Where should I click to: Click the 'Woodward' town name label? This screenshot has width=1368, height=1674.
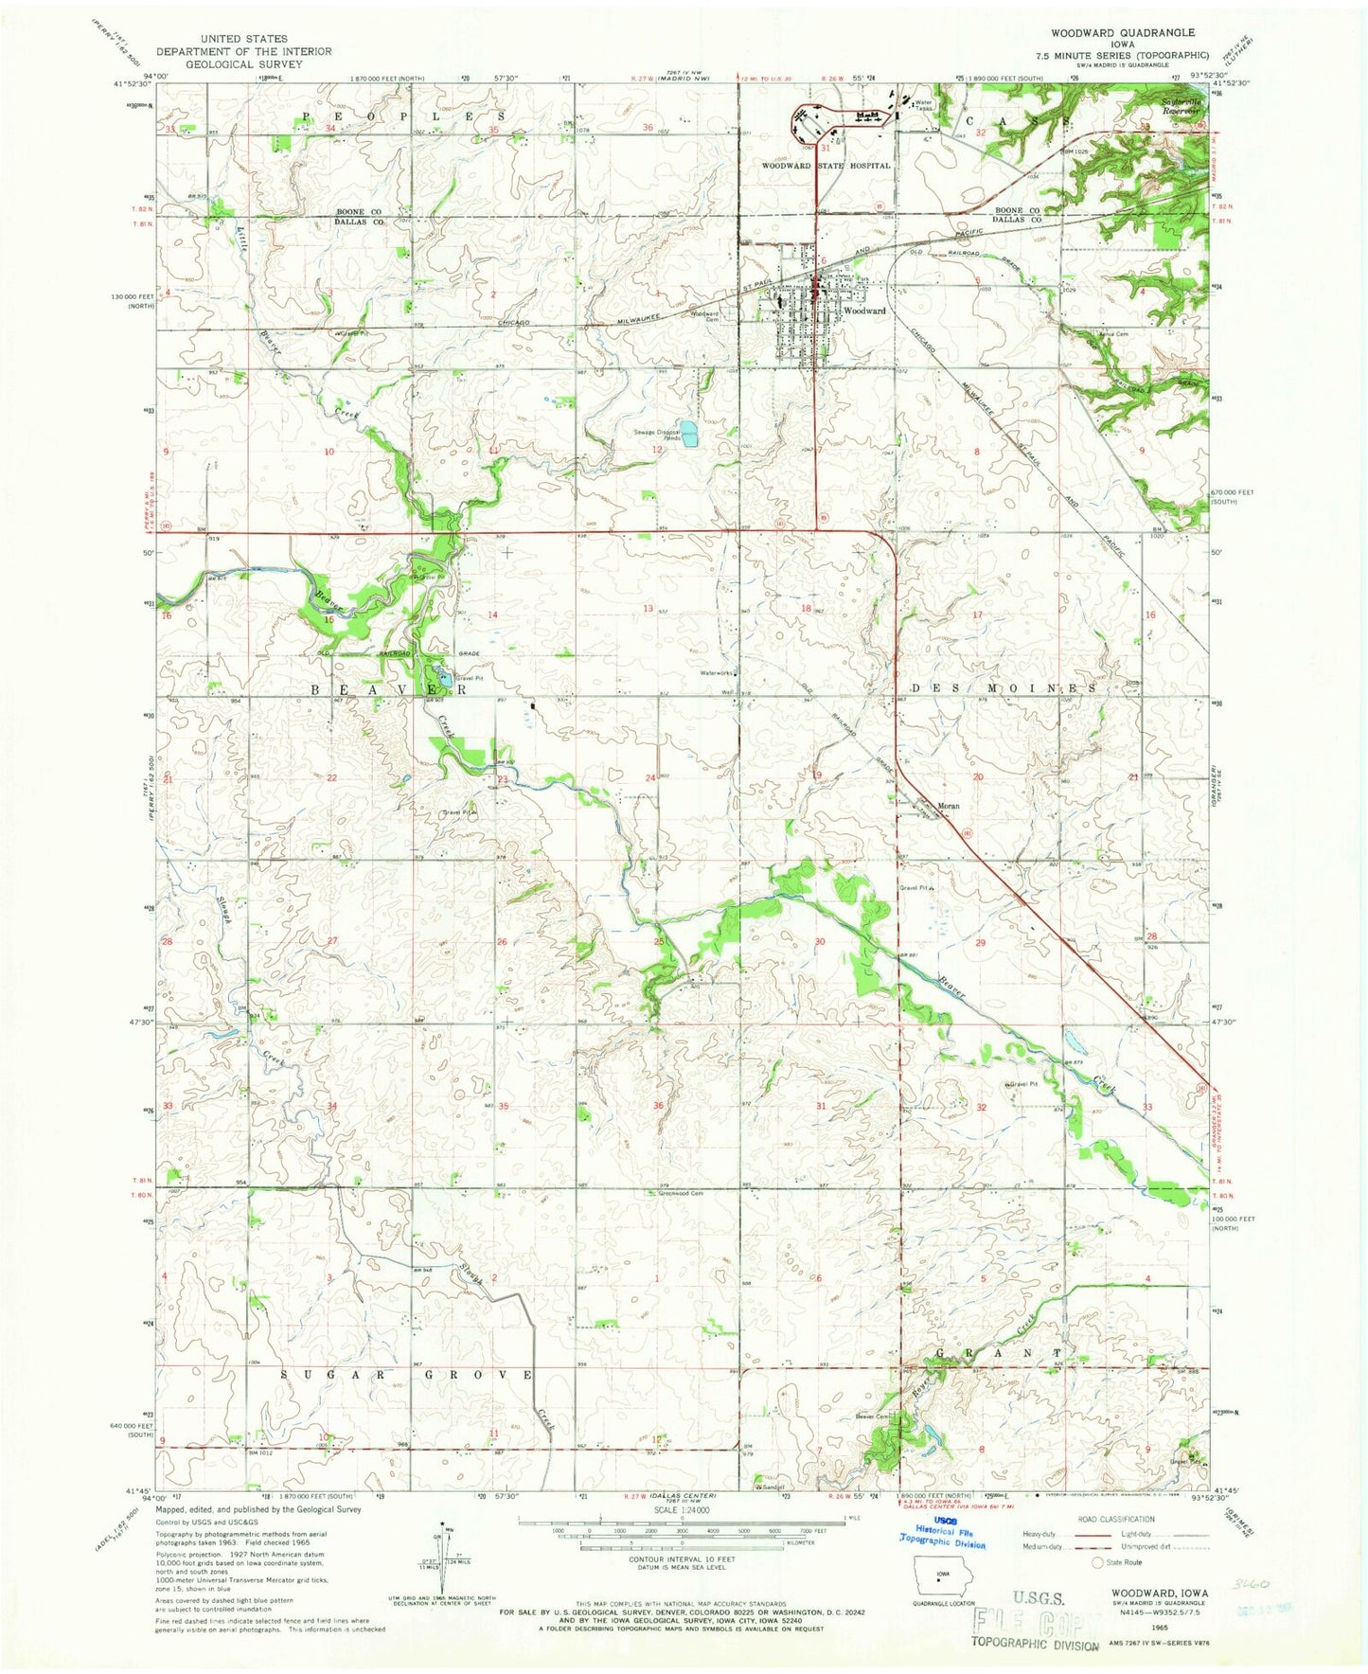(x=865, y=311)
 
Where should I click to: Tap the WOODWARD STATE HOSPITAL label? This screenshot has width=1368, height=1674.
(x=826, y=166)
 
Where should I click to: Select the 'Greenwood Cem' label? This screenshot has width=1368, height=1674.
(x=681, y=1194)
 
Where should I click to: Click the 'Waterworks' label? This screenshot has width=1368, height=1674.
(x=717, y=673)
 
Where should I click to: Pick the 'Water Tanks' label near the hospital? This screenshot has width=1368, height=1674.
(x=923, y=105)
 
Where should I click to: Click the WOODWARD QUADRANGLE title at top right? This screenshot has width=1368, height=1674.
(x=1130, y=32)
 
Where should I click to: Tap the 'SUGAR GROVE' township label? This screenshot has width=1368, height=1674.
(x=407, y=1374)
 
